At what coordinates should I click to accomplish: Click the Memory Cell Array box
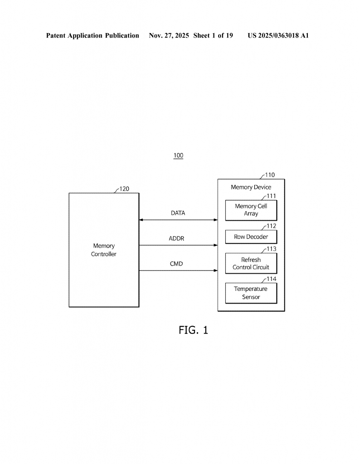point(251,210)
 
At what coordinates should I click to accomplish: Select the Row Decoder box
point(251,237)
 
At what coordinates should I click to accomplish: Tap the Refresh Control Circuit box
point(251,263)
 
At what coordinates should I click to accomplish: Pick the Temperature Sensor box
point(251,293)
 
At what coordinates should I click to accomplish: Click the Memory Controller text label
point(103,250)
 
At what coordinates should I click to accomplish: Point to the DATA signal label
point(178,213)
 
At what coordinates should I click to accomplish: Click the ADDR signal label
point(176,238)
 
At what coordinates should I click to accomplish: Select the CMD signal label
point(176,264)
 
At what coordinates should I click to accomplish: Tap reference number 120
point(124,189)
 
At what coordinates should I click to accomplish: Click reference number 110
point(270,175)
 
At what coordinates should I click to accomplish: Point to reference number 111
point(271,196)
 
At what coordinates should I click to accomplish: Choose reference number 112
point(271,226)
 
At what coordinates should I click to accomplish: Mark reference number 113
point(271,249)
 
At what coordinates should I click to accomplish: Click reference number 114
point(271,279)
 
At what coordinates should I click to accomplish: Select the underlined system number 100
point(178,155)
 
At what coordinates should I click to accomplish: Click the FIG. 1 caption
point(193,330)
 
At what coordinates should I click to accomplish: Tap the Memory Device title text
point(251,187)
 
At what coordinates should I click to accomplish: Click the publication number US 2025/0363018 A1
point(278,35)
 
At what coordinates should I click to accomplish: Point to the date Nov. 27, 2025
point(169,35)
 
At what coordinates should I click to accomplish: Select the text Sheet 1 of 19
point(213,35)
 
